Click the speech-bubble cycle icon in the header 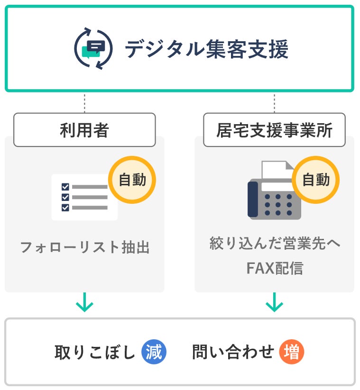pyautogui.click(x=93, y=49)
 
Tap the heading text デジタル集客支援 pyautogui.click(x=206, y=49)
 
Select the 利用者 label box pyautogui.click(x=84, y=129)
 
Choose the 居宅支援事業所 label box pyautogui.click(x=274, y=129)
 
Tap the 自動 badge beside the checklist pyautogui.click(x=132, y=180)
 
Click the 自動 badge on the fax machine pyautogui.click(x=316, y=180)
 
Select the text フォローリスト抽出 pyautogui.click(x=84, y=247)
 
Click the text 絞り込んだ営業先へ pyautogui.click(x=275, y=244)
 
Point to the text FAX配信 pyautogui.click(x=275, y=268)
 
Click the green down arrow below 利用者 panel pyautogui.click(x=84, y=302)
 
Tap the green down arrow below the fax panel pyautogui.click(x=274, y=302)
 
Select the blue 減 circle pyautogui.click(x=154, y=352)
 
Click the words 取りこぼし pyautogui.click(x=95, y=353)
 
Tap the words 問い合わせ pyautogui.click(x=233, y=353)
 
